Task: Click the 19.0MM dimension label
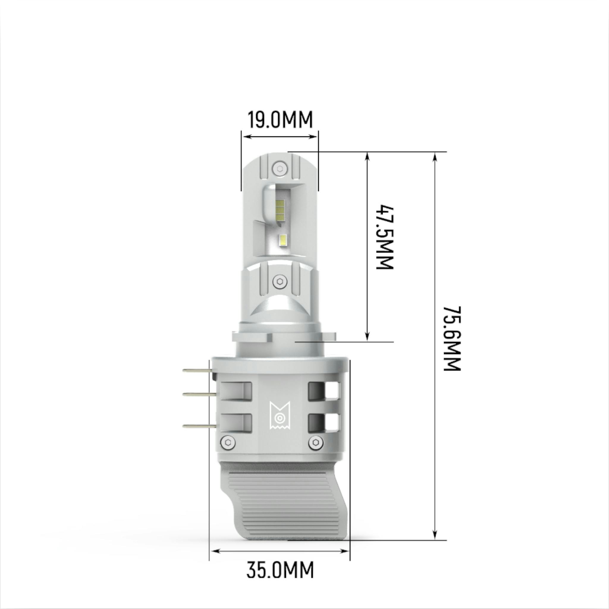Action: tap(280, 120)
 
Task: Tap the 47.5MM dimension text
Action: tap(385, 237)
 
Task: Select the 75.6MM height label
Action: tap(452, 338)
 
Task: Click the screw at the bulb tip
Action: tap(280, 168)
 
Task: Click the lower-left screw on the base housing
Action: tap(228, 442)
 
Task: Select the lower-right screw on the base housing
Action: tap(316, 442)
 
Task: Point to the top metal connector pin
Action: tap(197, 371)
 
